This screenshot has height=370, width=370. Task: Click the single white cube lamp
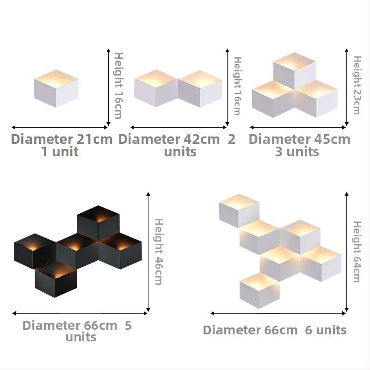pyautogui.click(x=56, y=88)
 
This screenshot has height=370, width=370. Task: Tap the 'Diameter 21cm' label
pyautogui.click(x=62, y=139)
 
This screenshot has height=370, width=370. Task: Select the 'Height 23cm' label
pyautogui.click(x=357, y=85)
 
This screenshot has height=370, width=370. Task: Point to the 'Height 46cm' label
pyautogui.click(x=159, y=252)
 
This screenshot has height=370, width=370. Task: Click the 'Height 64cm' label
pyautogui.click(x=357, y=252)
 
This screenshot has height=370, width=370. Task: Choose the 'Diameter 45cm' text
pyautogui.click(x=299, y=139)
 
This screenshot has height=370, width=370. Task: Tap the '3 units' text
pyautogui.click(x=297, y=152)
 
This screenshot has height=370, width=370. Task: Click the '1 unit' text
pyautogui.click(x=60, y=152)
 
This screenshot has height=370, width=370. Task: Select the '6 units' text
pyautogui.click(x=326, y=330)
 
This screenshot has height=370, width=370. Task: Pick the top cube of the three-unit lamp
pyautogui.click(x=295, y=71)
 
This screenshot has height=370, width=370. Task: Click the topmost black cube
pyautogui.click(x=98, y=223)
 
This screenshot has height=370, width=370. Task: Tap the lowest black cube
pyautogui.click(x=55, y=279)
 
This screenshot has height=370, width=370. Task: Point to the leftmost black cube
pyautogui.click(x=35, y=251)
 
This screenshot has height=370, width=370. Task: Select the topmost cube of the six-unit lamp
pyautogui.click(x=239, y=211)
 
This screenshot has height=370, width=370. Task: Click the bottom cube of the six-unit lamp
pyautogui.click(x=259, y=290)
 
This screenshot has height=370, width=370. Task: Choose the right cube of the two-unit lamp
pyautogui.click(x=200, y=89)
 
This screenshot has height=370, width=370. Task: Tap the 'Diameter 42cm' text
pyautogui.click(x=169, y=139)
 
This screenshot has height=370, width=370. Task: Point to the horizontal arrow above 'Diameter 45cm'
pyautogui.click(x=298, y=128)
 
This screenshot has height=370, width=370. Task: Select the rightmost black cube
pyautogui.click(x=120, y=251)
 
